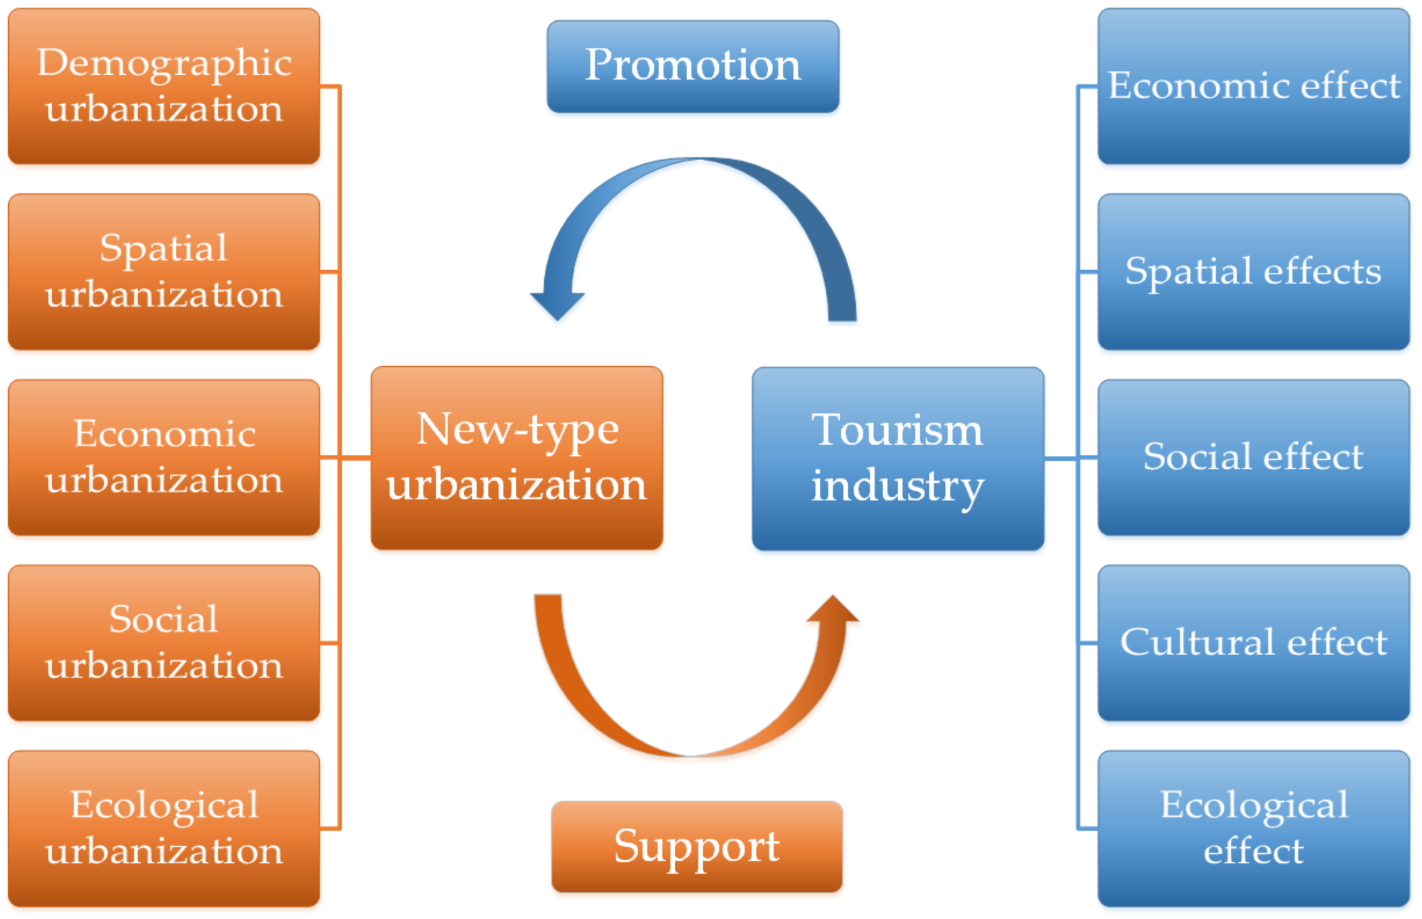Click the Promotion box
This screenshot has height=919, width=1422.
[693, 67]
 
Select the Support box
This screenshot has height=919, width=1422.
[696, 846]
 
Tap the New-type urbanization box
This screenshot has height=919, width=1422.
[517, 458]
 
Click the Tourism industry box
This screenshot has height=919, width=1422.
[897, 458]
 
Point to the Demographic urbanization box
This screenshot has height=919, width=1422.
[163, 86]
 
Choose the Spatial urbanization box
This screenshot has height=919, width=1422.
[163, 272]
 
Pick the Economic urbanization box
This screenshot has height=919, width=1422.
[163, 458]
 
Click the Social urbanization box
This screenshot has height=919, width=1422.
[163, 643]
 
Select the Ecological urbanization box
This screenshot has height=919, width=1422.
[163, 828]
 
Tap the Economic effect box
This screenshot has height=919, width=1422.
[1253, 86]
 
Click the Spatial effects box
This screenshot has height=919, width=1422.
[1253, 272]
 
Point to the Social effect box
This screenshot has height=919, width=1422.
[1253, 458]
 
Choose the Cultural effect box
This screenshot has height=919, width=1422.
[1253, 643]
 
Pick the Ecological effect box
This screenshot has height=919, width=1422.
[1253, 828]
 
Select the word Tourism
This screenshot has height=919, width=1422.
[896, 430]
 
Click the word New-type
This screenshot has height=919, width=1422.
[517, 430]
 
